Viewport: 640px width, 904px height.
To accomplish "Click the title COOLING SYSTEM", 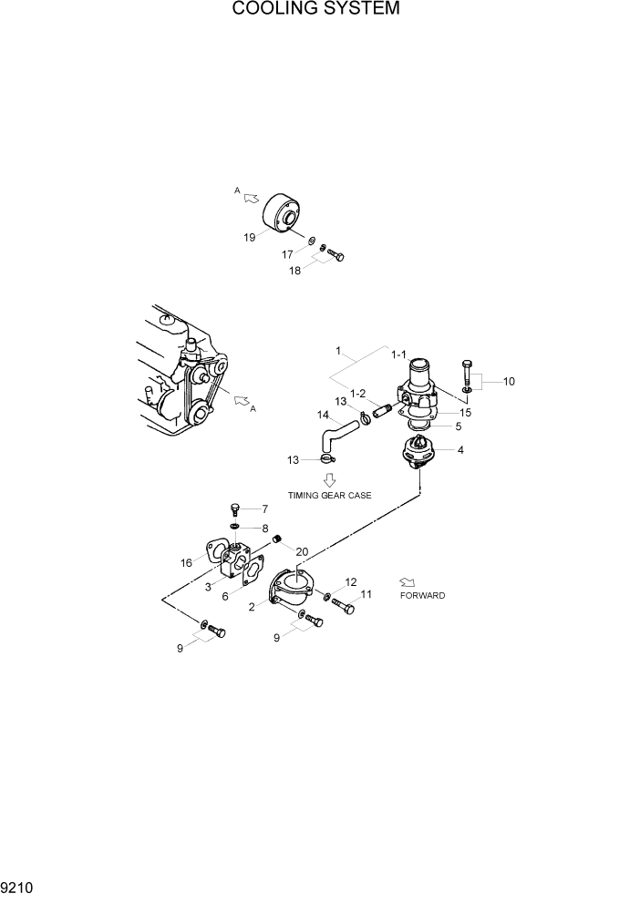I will (x=315, y=10).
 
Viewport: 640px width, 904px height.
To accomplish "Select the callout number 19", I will (x=250, y=238).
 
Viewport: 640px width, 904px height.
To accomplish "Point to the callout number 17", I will (x=288, y=254).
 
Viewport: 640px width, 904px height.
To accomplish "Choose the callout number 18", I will (x=296, y=271).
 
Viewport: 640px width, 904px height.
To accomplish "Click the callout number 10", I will (x=509, y=381).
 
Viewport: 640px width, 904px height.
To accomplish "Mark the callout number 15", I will (x=465, y=412).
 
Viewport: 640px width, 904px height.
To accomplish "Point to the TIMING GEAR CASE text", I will (x=330, y=496).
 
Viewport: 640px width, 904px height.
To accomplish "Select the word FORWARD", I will (x=422, y=595).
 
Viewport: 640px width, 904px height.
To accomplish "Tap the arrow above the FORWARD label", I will (x=407, y=580).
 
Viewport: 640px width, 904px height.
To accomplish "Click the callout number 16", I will (x=186, y=563).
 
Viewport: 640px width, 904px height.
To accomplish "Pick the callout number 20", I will (x=302, y=550).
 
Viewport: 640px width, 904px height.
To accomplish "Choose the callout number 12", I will (x=351, y=580).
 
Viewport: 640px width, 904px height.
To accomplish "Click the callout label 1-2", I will (x=356, y=394).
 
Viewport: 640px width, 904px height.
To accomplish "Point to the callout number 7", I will (x=265, y=508).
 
